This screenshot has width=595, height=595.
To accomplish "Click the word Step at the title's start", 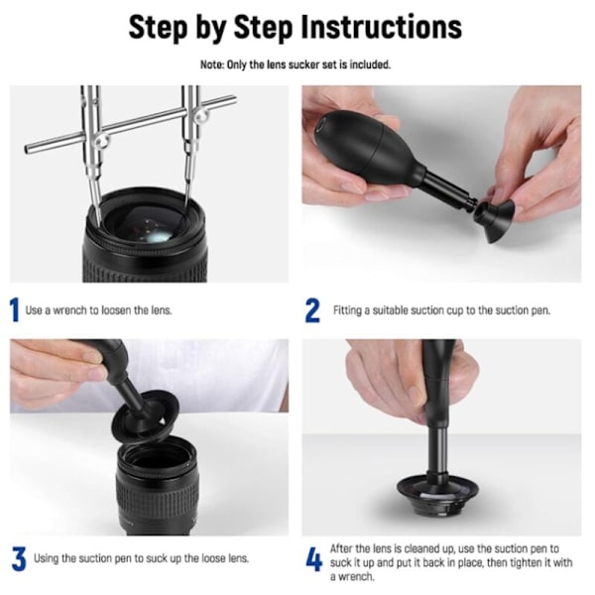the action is click(158, 28).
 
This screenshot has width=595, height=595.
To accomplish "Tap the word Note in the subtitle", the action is click(212, 64).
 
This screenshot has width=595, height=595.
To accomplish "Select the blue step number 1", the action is click(14, 310).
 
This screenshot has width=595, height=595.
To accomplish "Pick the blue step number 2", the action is click(312, 310).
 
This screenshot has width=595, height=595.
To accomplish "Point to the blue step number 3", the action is click(19, 558).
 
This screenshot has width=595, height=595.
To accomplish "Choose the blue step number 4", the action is click(313, 561).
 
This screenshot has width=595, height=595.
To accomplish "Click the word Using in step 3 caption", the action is click(46, 559).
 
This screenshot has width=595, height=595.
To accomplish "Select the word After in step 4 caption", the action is click(340, 548).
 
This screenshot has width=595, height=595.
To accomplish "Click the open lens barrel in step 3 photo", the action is click(158, 486).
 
